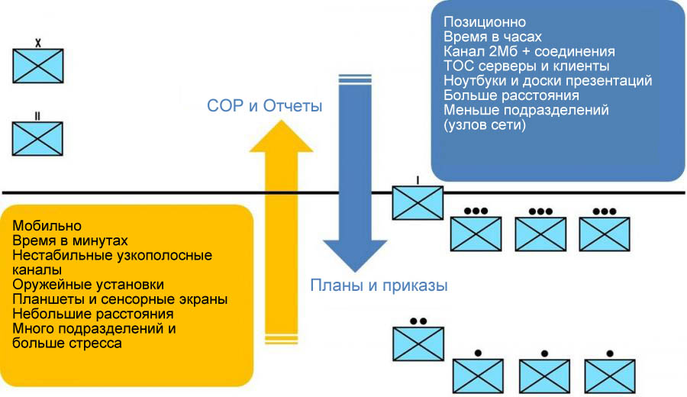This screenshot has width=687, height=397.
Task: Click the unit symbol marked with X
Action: [x=38, y=66]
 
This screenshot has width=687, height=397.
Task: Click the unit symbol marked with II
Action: [x=38, y=137]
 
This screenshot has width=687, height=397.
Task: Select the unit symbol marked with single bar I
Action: [x=417, y=202]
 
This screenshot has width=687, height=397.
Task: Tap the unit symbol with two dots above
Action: [x=418, y=344]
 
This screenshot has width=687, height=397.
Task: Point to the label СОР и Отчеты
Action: [x=264, y=106]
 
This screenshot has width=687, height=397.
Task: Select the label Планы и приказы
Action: [x=378, y=286]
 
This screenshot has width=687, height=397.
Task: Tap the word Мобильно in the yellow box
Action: [x=47, y=227]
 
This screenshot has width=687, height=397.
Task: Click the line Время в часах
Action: [x=492, y=37]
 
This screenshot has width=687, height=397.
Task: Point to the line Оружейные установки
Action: [x=88, y=284]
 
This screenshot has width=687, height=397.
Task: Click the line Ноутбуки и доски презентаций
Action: [x=547, y=80]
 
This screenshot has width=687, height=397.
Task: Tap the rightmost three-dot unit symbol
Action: [x=605, y=233]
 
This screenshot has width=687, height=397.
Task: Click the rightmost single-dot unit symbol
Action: [x=610, y=375]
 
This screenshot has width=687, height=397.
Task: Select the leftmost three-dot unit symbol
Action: [x=476, y=233]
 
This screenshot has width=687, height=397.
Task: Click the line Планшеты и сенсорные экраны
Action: [x=120, y=299]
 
